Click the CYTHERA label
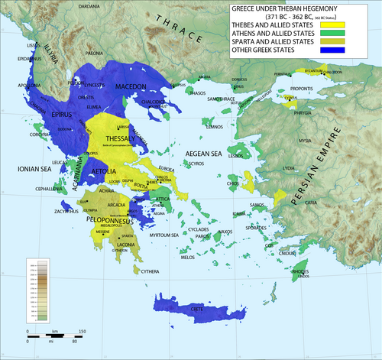[x=150, y=271]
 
